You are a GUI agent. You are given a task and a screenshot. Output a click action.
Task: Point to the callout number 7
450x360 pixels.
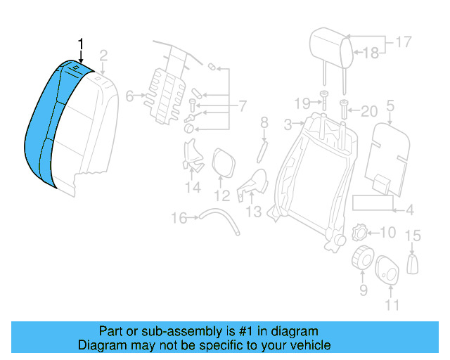(x=242, y=107)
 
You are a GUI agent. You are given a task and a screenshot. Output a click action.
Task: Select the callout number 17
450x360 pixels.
(x=402, y=42)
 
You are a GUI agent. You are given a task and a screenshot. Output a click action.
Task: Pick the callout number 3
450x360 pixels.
(x=288, y=125)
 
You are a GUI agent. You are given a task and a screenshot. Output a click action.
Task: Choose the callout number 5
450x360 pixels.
(x=390, y=107)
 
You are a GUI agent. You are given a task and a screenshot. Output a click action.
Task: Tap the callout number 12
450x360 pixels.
(x=222, y=195)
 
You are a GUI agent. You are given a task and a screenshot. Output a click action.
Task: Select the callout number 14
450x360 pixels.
(x=193, y=187)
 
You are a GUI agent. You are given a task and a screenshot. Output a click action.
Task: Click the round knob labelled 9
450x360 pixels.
(x=362, y=259)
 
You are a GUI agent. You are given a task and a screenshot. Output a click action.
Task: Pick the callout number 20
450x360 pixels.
(x=368, y=110)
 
